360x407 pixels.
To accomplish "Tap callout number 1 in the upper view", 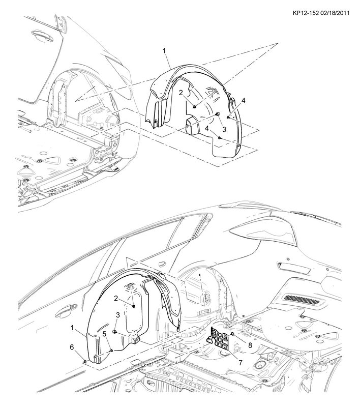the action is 164,51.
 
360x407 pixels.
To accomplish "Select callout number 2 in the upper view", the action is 181,93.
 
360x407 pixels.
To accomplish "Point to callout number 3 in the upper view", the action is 224,129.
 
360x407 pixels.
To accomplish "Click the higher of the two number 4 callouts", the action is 244,100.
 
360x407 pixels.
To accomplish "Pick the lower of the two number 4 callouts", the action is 207,128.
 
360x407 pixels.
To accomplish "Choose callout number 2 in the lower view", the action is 116,299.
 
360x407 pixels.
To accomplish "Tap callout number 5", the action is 104,334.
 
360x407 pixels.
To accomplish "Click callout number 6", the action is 72,347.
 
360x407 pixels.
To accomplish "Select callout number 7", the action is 240,363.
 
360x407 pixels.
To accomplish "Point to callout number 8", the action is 250,345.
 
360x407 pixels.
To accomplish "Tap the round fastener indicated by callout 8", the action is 232,334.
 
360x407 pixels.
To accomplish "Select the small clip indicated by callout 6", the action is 85,361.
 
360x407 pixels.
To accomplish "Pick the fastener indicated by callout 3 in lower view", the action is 114,332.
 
